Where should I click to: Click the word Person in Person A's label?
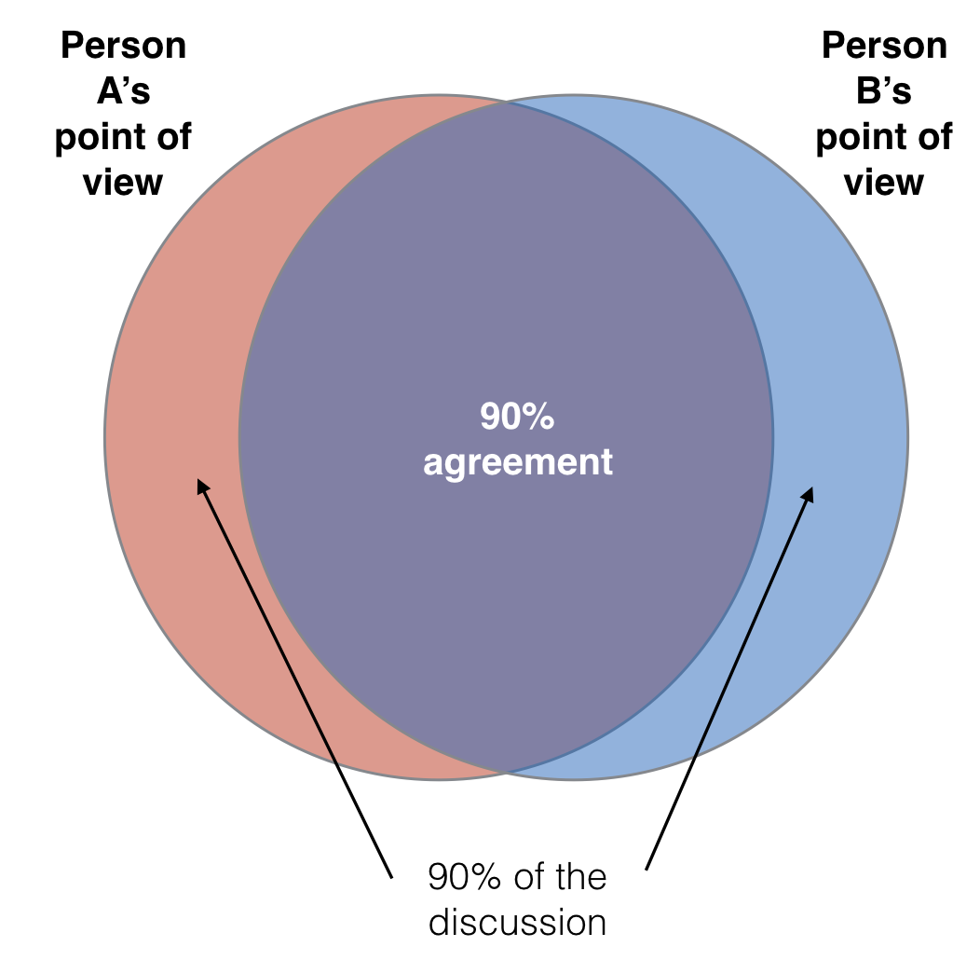(124, 47)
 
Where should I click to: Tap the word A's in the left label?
(124, 92)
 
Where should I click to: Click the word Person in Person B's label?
(884, 47)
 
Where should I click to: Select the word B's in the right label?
(884, 92)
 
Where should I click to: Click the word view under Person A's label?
(123, 183)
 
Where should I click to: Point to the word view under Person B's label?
(884, 183)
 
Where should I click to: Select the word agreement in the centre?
(518, 463)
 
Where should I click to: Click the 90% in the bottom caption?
(462, 878)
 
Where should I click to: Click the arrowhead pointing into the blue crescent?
(810, 491)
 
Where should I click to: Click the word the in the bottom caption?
(578, 878)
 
